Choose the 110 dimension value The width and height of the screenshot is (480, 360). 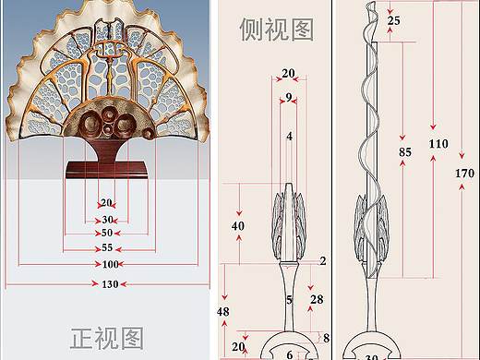(438, 143)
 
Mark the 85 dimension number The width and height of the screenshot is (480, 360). (405, 150)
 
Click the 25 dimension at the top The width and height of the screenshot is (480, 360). (394, 19)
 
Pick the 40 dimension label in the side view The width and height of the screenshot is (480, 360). (238, 225)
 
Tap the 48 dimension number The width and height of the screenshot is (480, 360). (222, 312)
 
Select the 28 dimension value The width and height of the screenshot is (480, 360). (317, 300)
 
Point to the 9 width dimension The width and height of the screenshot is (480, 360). (289, 96)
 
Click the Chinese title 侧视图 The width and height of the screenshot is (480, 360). (277, 30)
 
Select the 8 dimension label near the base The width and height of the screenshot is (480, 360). (326, 338)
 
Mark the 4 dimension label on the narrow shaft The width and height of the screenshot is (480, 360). (289, 137)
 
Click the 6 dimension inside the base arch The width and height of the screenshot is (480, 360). (289, 354)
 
